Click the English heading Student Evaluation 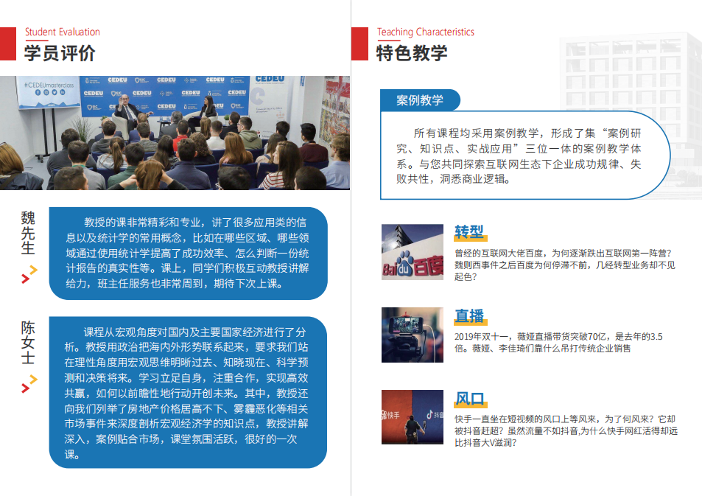[x=62, y=32]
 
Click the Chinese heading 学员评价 [x=60, y=53]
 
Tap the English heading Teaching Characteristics [x=425, y=32]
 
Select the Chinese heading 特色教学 [x=412, y=53]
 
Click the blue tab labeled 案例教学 [x=420, y=100]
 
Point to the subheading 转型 [x=469, y=231]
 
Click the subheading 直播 [x=469, y=315]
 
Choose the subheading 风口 [x=469, y=398]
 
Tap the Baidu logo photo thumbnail [x=413, y=252]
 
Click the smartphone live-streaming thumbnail [x=413, y=335]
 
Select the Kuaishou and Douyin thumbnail [x=413, y=417]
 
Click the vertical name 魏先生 [x=28, y=233]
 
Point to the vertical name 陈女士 [x=28, y=343]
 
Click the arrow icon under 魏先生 [x=29, y=274]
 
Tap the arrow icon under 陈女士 [x=29, y=384]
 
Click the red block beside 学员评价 [x=8, y=44]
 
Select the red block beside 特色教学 [x=359, y=44]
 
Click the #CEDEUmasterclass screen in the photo [x=49, y=91]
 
